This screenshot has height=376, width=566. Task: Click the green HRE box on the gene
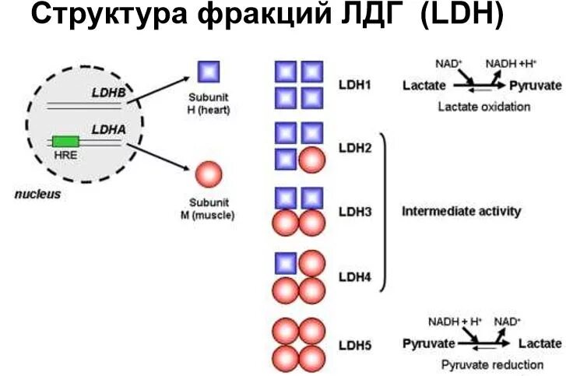(65, 141)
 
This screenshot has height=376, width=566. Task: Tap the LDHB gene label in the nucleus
(107, 92)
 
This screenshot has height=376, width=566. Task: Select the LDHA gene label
(108, 129)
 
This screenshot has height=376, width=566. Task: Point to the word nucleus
(37, 194)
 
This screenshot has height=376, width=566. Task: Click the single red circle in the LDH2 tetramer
(311, 160)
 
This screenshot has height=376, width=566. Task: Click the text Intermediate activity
(462, 211)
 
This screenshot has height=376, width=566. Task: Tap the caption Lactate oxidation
(483, 107)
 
